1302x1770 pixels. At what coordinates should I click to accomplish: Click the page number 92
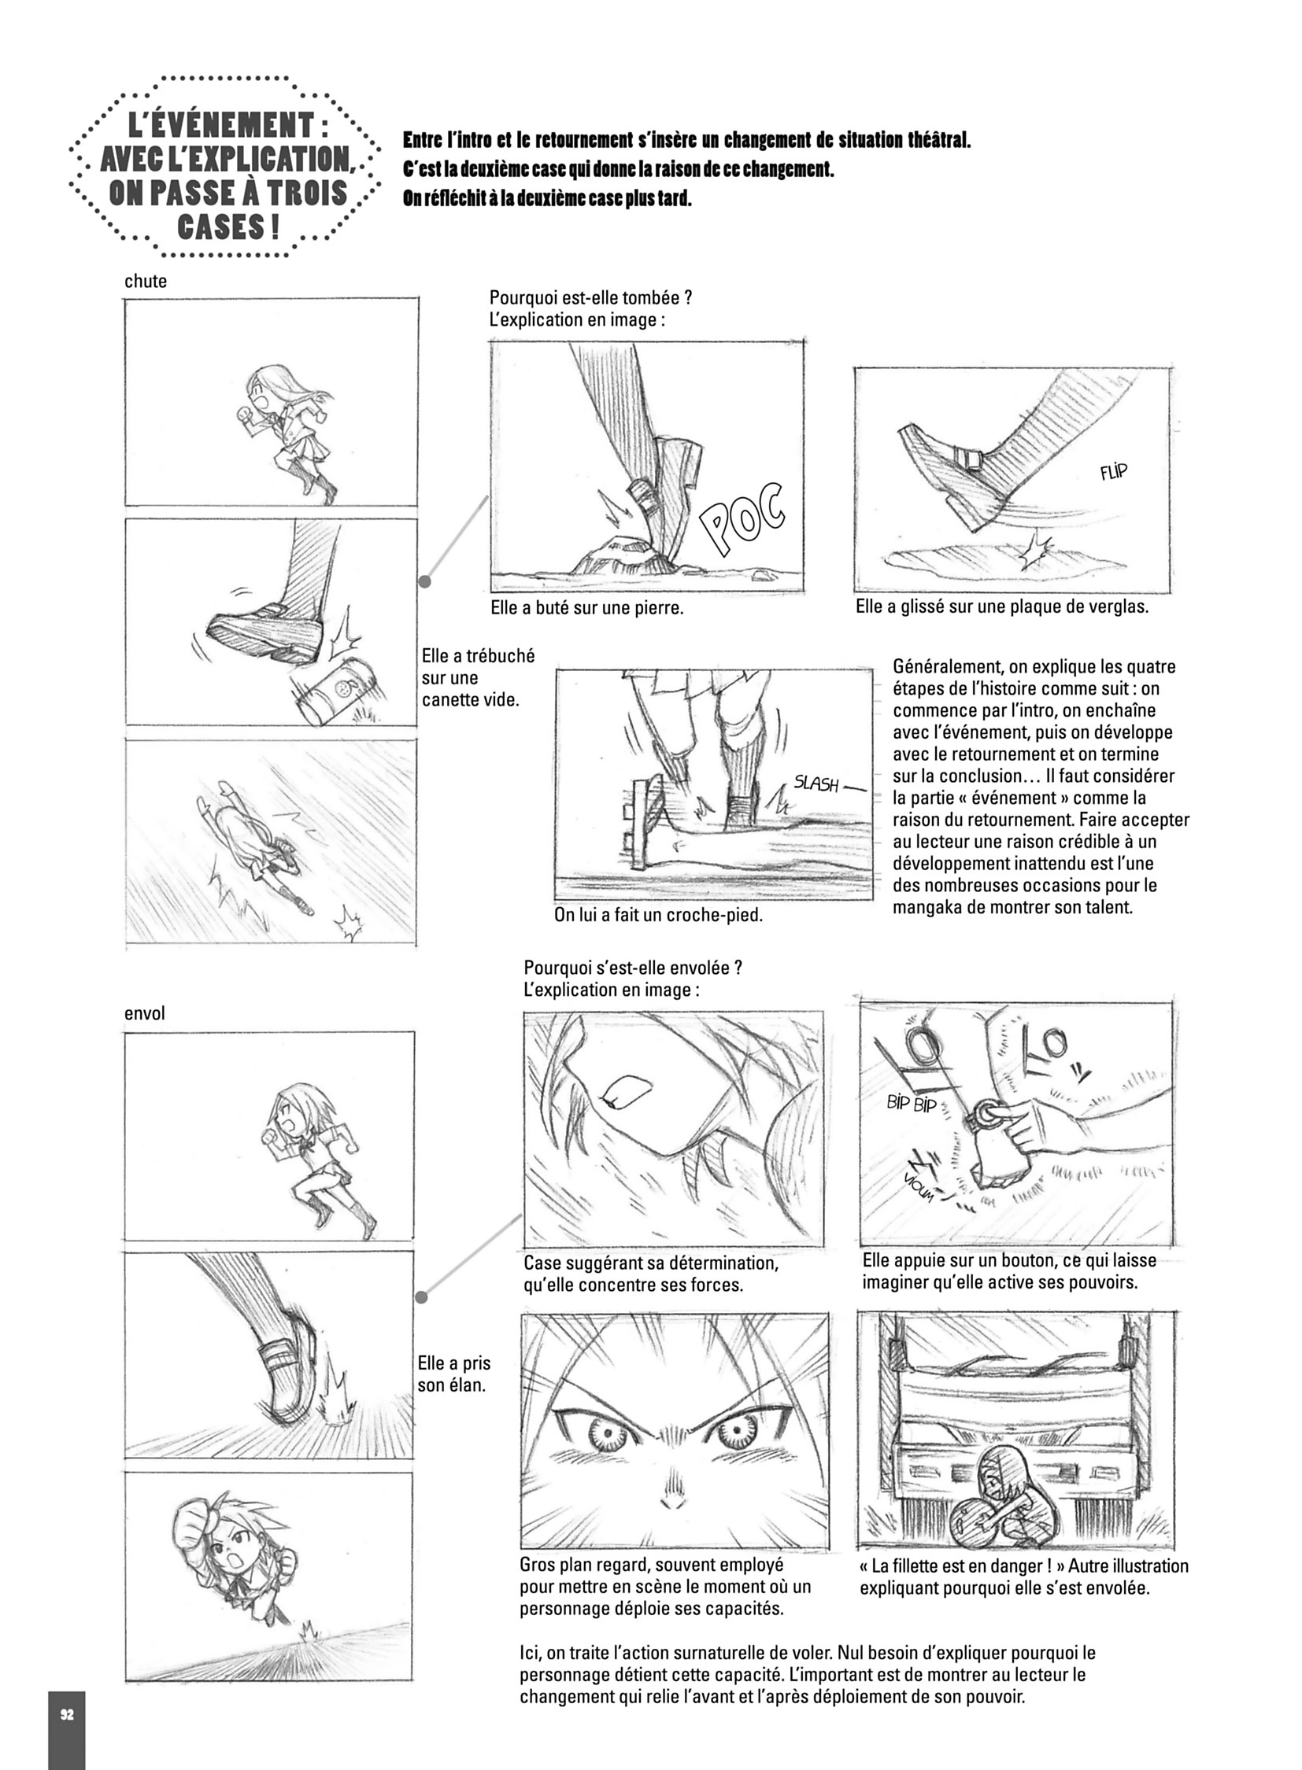coord(67,1693)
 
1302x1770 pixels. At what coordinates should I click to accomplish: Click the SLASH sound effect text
coord(816,784)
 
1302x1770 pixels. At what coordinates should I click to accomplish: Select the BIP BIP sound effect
coord(912,1104)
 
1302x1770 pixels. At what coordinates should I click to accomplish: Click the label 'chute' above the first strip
coord(146,281)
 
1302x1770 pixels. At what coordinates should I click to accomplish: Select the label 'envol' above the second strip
coord(145,1013)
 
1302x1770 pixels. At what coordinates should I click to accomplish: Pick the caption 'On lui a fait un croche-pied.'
coord(659,916)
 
